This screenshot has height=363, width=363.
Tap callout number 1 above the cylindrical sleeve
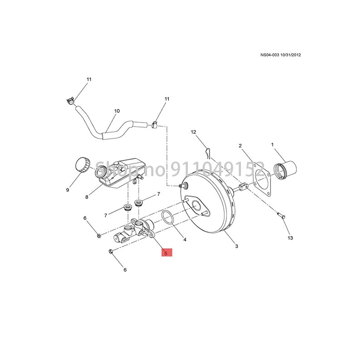pyautogui.click(x=273, y=145)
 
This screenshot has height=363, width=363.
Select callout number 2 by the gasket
pyautogui.click(x=240, y=146)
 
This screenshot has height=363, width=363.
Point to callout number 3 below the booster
pyautogui.click(x=236, y=246)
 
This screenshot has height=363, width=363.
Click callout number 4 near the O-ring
pyautogui.click(x=185, y=238)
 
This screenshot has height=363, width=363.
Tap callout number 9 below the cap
pyautogui.click(x=68, y=190)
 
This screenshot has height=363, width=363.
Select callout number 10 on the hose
pyautogui.click(x=117, y=111)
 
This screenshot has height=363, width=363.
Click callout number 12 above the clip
pyautogui.click(x=193, y=132)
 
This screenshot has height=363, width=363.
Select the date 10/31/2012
pyautogui.click(x=290, y=55)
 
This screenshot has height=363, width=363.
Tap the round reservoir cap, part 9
pyautogui.click(x=82, y=164)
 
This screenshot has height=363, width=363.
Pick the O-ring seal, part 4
pyautogui.click(x=168, y=217)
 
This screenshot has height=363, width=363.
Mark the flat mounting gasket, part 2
pyautogui.click(x=260, y=179)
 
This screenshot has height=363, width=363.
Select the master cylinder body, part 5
pyautogui.click(x=136, y=230)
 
